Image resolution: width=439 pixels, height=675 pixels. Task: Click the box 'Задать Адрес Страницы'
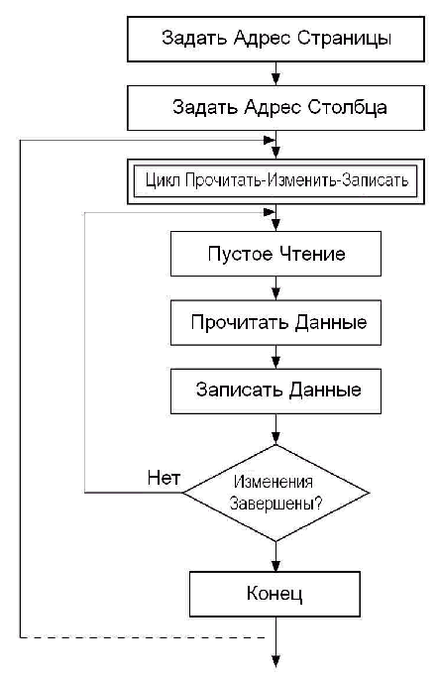[275, 40]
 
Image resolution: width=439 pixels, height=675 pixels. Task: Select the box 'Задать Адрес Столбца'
[275, 108]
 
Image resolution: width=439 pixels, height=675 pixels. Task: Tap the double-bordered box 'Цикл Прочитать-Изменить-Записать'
[275, 181]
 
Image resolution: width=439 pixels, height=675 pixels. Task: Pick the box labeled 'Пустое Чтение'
[275, 254]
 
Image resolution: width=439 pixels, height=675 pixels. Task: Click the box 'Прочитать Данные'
[275, 322]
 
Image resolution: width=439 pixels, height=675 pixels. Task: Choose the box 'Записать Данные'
[275, 392]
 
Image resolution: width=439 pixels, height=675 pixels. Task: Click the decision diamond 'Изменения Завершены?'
[275, 493]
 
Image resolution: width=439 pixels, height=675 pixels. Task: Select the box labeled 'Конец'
[275, 594]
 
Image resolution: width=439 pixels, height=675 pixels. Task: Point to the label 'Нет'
[164, 478]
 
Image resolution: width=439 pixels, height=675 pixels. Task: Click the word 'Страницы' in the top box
[344, 39]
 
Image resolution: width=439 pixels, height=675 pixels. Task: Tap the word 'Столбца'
[347, 107]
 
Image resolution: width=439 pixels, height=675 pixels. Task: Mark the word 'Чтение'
[312, 254]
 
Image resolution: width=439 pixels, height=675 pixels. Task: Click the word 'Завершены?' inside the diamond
[275, 503]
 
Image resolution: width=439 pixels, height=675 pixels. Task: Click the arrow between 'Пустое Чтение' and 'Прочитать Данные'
[275, 288]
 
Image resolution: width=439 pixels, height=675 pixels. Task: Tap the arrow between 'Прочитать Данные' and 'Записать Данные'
[275, 357]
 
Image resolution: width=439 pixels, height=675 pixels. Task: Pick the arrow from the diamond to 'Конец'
[275, 556]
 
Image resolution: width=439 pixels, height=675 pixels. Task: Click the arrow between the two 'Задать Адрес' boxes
[275, 73]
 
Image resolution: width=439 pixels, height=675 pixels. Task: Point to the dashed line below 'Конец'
[143, 637]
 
